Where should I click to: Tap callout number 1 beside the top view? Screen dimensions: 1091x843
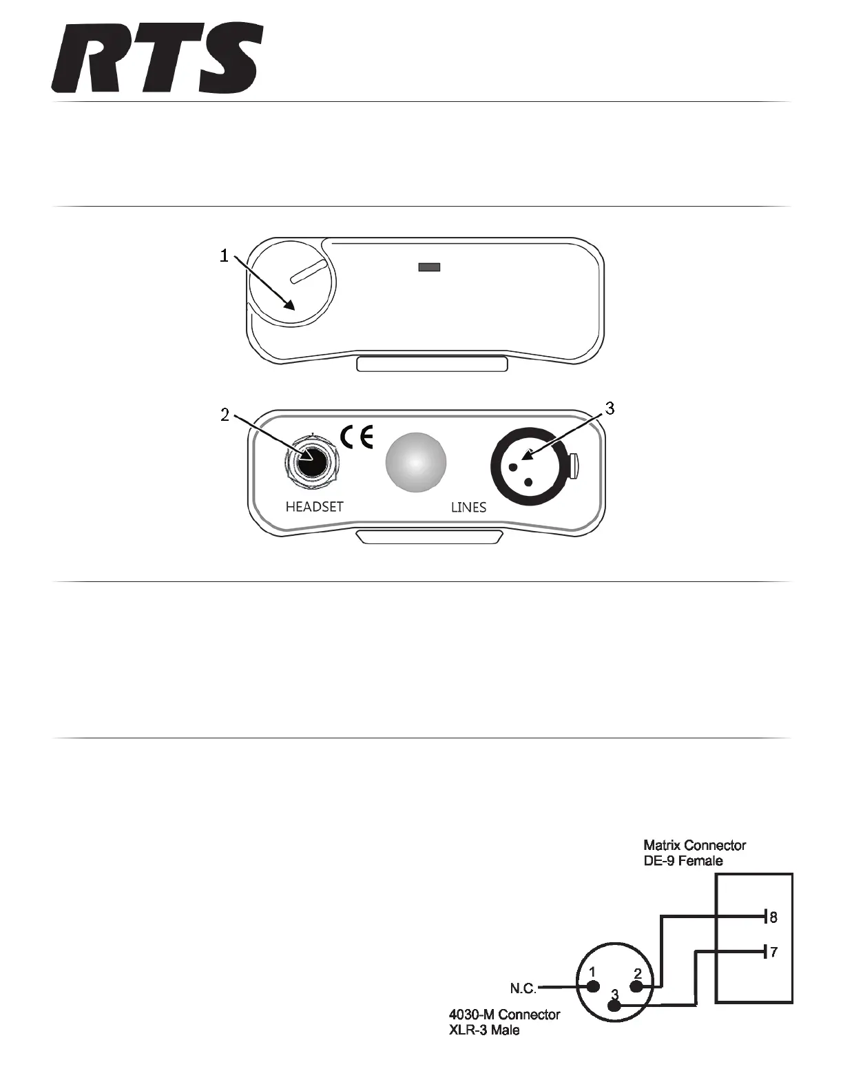click(x=224, y=256)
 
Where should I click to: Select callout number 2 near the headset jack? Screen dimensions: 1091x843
click(x=224, y=415)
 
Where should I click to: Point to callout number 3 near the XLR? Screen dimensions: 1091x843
click(x=609, y=408)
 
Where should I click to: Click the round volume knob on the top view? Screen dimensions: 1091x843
click(x=291, y=284)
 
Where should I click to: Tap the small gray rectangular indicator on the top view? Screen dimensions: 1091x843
click(x=429, y=267)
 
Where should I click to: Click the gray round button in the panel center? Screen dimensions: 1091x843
click(x=416, y=462)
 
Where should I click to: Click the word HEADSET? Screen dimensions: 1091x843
click(x=314, y=506)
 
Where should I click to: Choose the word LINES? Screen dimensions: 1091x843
click(x=468, y=508)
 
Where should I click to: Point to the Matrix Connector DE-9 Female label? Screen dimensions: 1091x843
click(x=694, y=853)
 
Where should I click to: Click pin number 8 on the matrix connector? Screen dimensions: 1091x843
click(x=773, y=917)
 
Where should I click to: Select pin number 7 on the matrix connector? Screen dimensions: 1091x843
click(x=773, y=953)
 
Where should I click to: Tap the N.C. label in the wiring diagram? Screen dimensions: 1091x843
click(x=523, y=988)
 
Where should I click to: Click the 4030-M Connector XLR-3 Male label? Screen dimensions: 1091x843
click(x=504, y=1022)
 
